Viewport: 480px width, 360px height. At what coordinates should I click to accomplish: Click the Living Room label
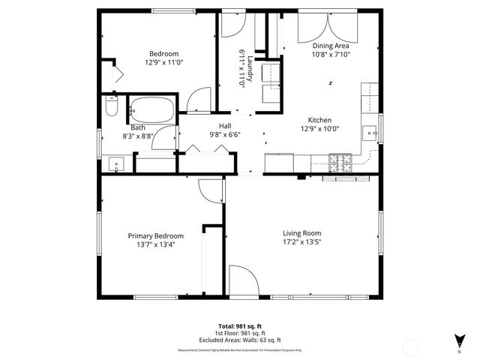pos(301,232)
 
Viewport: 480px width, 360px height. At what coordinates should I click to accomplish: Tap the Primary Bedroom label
pos(155,235)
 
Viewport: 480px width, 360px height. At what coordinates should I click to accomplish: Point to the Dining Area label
pos(331,46)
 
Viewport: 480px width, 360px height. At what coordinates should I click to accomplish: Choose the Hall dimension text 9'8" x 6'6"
pos(224,135)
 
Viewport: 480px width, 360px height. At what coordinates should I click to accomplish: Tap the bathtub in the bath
pos(152,111)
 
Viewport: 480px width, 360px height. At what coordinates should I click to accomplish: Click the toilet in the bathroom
pos(111,109)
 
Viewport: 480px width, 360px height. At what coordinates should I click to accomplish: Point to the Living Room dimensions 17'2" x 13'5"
pos(301,241)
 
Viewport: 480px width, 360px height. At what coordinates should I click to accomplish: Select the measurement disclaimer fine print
pos(239,349)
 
